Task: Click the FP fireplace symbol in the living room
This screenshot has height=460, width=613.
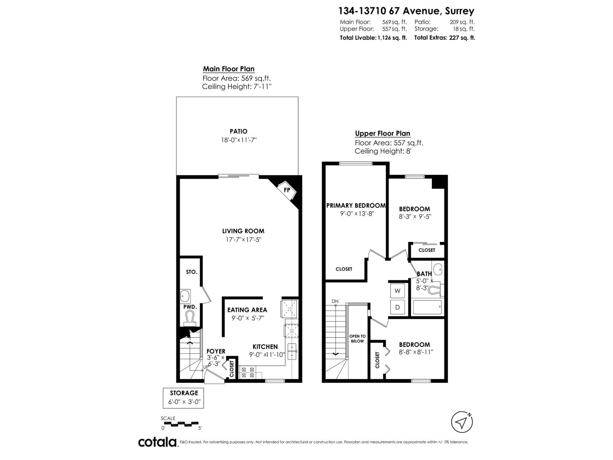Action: click(x=287, y=190)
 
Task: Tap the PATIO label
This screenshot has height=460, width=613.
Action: click(x=238, y=131)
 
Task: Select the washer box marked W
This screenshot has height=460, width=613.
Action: click(x=398, y=291)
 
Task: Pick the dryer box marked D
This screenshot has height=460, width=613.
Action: click(x=398, y=307)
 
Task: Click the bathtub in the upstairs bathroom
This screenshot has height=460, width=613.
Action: click(x=427, y=307)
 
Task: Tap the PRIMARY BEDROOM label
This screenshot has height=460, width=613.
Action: click(x=356, y=205)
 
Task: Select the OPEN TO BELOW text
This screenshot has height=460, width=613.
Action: click(x=357, y=338)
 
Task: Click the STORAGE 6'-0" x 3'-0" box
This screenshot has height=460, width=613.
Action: click(x=184, y=398)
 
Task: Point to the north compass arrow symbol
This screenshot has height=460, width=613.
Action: click(x=462, y=422)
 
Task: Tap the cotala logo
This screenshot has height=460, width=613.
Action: click(x=157, y=442)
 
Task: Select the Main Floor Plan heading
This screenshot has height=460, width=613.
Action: click(x=228, y=69)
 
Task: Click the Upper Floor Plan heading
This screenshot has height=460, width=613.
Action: click(x=382, y=133)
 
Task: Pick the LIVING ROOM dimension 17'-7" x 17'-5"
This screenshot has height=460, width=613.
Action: click(x=243, y=240)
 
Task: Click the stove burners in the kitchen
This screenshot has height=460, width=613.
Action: click(x=247, y=372)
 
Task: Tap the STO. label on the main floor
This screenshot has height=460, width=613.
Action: click(x=192, y=272)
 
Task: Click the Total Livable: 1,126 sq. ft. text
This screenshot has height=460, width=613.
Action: click(x=373, y=38)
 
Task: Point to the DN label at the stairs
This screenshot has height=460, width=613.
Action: click(x=335, y=301)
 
